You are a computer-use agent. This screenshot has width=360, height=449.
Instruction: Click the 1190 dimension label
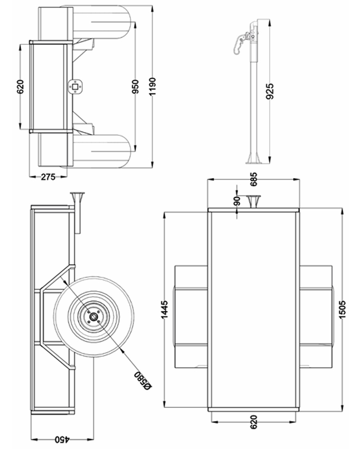(152, 87)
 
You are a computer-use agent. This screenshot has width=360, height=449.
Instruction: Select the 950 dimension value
(135, 87)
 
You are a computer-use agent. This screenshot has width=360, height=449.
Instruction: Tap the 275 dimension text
(48, 177)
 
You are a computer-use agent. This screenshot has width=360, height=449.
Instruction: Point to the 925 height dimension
(270, 91)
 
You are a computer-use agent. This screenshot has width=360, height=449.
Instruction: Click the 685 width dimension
(253, 179)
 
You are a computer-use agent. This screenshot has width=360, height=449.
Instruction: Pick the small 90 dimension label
(237, 201)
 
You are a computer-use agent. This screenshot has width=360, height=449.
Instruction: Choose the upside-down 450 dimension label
(62, 439)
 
